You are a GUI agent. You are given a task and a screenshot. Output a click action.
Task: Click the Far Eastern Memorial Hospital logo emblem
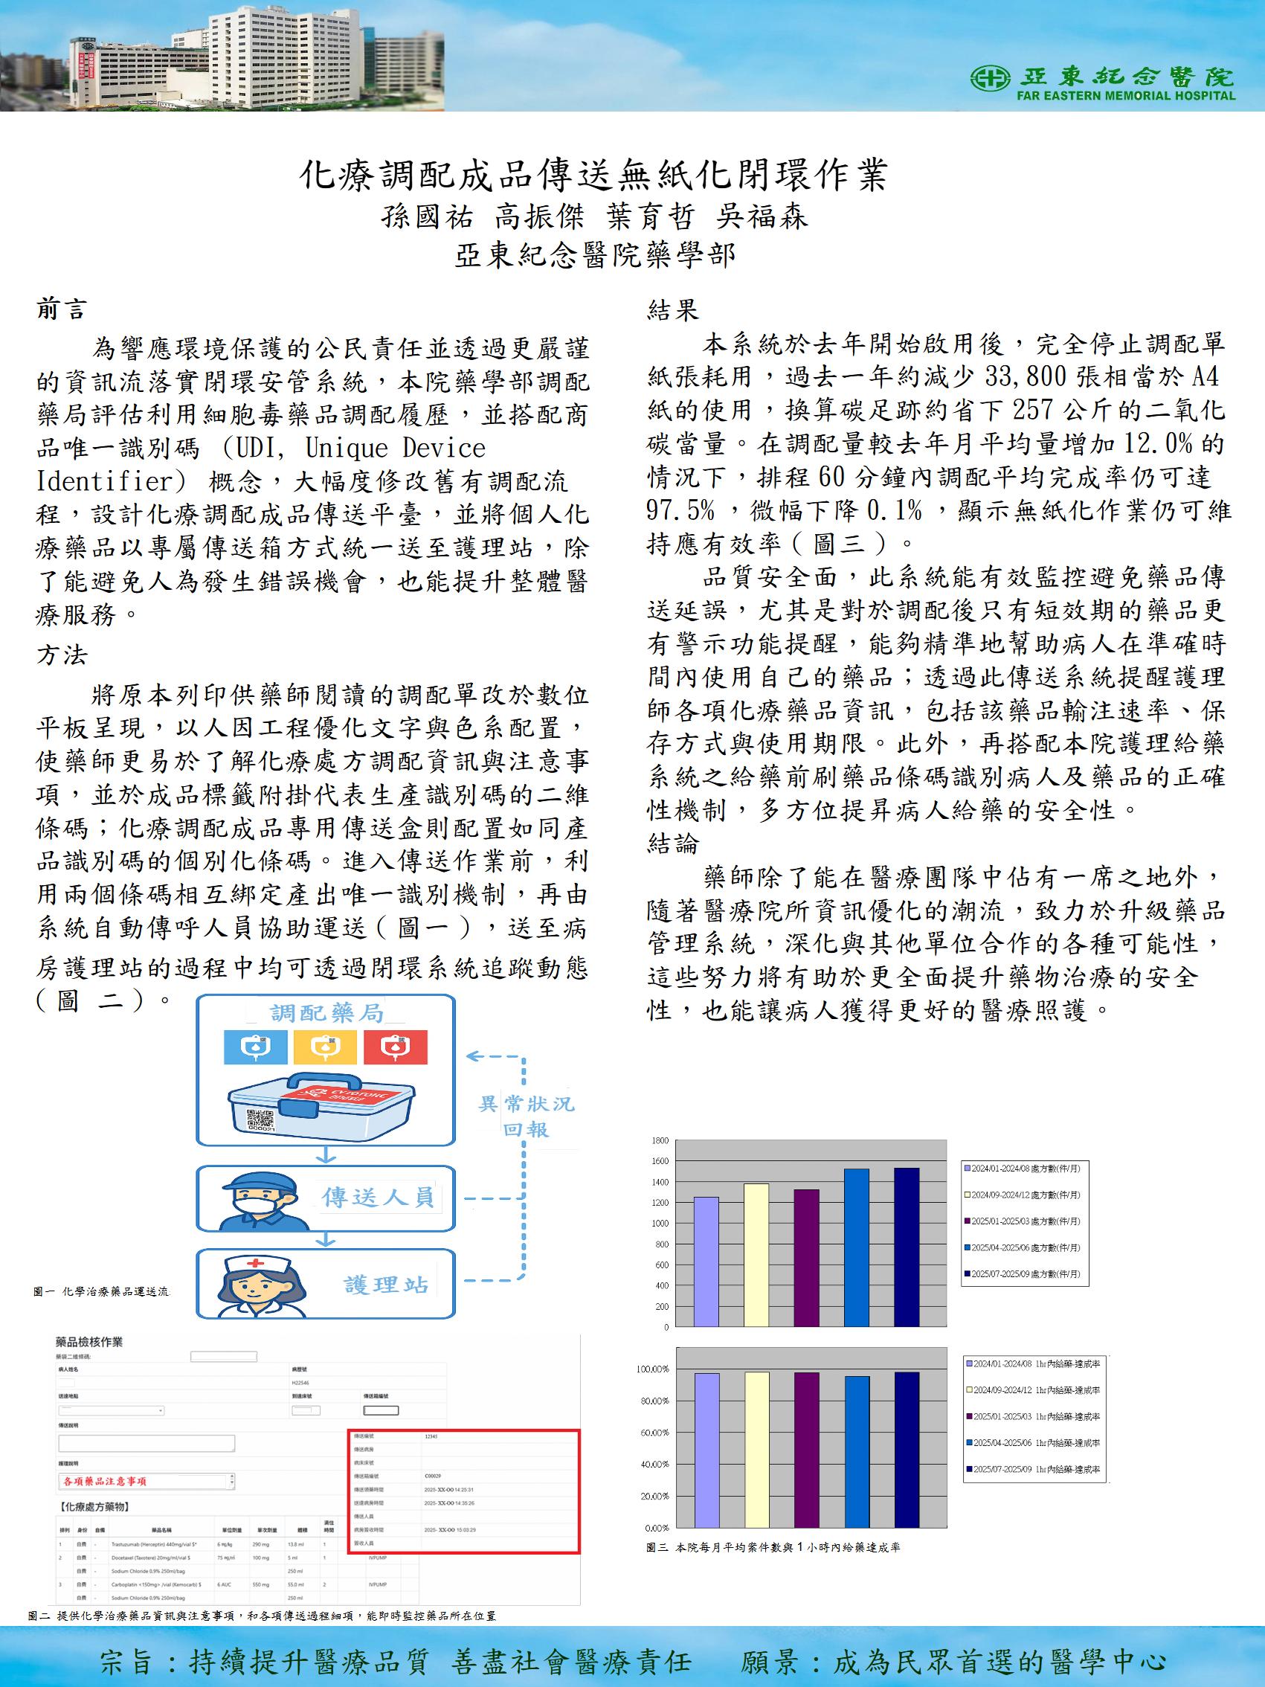click(991, 77)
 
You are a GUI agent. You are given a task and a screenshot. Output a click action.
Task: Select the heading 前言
click(62, 309)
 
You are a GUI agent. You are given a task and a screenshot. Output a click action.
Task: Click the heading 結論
click(672, 843)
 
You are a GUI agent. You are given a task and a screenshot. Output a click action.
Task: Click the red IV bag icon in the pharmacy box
click(395, 1047)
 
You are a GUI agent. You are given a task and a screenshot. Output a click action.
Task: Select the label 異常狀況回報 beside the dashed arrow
click(525, 1116)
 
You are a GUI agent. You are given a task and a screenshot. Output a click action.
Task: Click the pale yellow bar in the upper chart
click(755, 1255)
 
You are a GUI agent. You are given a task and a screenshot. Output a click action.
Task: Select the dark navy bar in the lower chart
click(906, 1449)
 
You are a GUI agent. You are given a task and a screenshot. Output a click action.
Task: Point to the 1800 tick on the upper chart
click(660, 1141)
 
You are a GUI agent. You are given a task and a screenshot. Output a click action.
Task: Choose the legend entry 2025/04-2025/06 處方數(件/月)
click(1026, 1247)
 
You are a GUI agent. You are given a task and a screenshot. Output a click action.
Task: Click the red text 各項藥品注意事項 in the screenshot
click(105, 1481)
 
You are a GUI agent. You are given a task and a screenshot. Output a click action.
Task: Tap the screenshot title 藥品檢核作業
click(90, 1343)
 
